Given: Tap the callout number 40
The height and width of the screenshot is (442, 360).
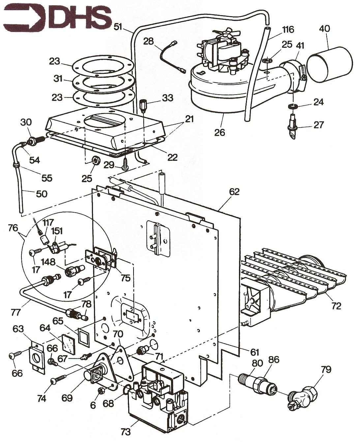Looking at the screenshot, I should click(x=324, y=29).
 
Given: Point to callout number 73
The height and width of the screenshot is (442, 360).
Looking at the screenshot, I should click(x=126, y=431).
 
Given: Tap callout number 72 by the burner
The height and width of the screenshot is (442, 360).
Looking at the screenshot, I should click(x=336, y=306).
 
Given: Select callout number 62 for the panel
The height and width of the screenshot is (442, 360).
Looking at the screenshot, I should click(x=234, y=192).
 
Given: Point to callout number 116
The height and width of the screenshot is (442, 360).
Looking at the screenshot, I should click(x=288, y=30).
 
